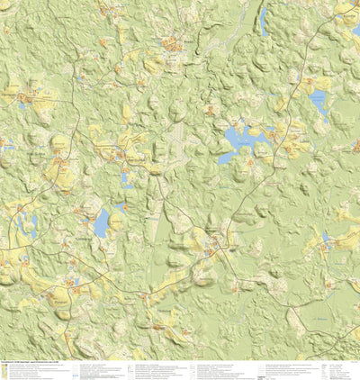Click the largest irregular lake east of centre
(235, 139)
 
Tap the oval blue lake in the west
(101, 222)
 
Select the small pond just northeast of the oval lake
(119, 208)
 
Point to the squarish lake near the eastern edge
(318, 102)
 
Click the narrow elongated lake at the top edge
(263, 18)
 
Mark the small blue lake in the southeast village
(325, 238)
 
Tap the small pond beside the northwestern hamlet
(22, 105)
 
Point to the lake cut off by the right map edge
(355, 32)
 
